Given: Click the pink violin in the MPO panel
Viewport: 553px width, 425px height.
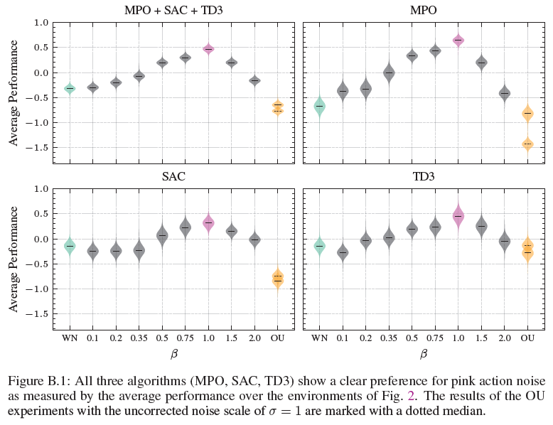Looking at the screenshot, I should (458, 41).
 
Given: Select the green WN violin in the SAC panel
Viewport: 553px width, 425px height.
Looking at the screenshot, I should (70, 245).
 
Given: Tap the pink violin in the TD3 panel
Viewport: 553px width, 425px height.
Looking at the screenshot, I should (458, 215).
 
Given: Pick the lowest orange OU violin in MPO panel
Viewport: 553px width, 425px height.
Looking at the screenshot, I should (527, 144).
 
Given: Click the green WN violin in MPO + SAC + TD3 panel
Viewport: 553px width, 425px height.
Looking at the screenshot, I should (70, 88).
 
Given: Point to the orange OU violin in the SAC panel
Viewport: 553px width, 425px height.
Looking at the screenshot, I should (278, 278).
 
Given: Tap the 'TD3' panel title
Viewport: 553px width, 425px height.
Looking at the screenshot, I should (423, 176).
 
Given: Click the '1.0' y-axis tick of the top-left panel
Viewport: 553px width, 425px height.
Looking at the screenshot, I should (41, 23).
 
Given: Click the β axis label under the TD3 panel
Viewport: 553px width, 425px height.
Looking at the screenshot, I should (423, 353).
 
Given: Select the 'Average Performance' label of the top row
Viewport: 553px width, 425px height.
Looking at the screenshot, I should (14, 92).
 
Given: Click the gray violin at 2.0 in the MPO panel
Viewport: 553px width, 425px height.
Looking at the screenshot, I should (505, 93).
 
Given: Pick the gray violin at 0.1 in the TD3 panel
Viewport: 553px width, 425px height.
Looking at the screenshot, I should (343, 252).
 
